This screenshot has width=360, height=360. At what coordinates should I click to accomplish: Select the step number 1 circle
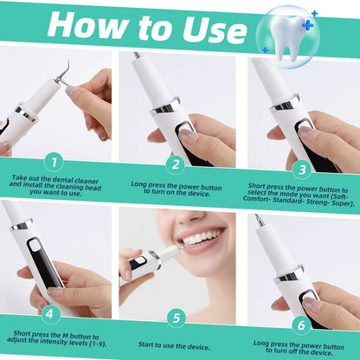pyautogui.click(x=55, y=161)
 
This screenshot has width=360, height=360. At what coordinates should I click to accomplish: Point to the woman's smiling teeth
pyautogui.click(x=201, y=237)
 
